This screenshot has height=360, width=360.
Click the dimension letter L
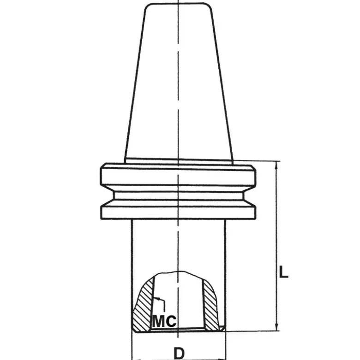click(x=283, y=272)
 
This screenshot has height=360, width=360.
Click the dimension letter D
click(x=179, y=353)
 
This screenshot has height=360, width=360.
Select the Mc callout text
click(x=164, y=321)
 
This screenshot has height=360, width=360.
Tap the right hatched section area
click(x=210, y=305)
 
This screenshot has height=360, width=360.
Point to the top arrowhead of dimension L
click(x=276, y=165)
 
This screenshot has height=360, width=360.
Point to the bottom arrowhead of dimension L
click(x=276, y=327)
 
